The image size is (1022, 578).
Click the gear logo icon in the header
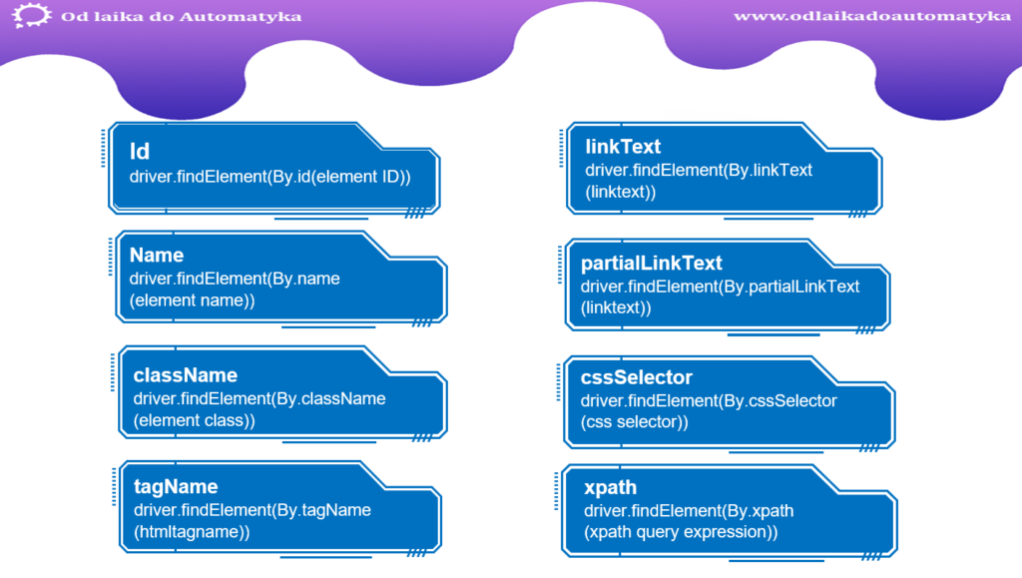[x=31, y=15]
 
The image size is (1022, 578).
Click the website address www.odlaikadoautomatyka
[x=872, y=16]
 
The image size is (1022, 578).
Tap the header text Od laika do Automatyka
[x=182, y=16]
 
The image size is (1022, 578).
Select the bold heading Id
[x=140, y=151]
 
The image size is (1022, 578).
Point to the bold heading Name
[x=157, y=255]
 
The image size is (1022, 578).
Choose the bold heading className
[x=185, y=374]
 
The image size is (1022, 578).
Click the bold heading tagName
[x=176, y=487]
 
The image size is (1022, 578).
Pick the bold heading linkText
[x=623, y=146]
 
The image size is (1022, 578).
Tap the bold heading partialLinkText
[x=651, y=263]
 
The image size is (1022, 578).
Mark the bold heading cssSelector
[x=636, y=377]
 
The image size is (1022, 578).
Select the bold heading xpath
[x=610, y=487]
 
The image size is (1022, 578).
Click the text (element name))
[x=192, y=300]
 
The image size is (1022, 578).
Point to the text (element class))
[x=195, y=420]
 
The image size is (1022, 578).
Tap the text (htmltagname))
[x=192, y=532]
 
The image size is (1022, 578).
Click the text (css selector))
[x=634, y=421]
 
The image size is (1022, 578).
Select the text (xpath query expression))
[x=681, y=532]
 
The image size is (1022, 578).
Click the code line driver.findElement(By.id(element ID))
[x=269, y=177]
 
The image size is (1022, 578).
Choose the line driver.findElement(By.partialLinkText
[x=721, y=287]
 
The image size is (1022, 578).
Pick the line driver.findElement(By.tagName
[x=253, y=509]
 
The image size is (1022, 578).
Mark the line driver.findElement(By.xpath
[x=689, y=510]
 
